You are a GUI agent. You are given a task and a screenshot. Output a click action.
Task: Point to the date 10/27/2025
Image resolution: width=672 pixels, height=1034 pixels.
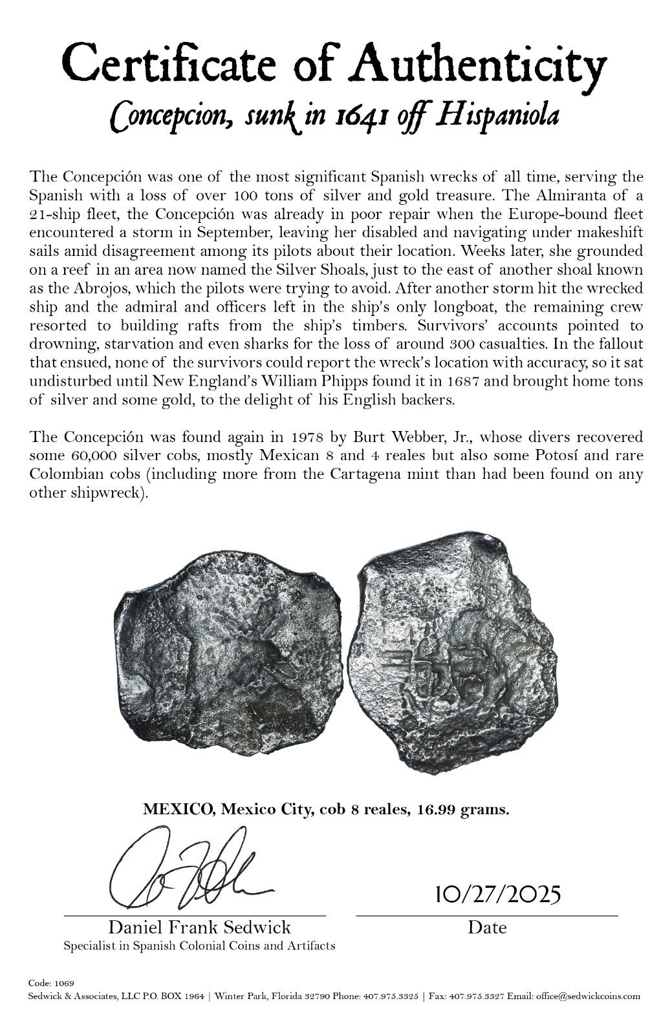click(490, 895)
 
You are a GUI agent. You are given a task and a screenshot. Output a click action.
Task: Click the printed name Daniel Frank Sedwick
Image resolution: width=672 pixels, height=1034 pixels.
click(199, 927)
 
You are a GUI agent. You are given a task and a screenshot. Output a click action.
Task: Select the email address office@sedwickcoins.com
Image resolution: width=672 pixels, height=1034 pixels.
click(587, 995)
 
